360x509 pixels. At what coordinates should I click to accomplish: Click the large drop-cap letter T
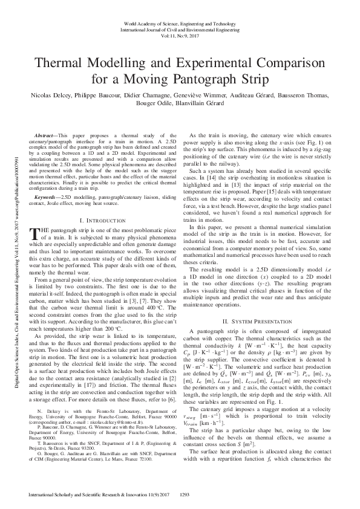[x=33, y=236]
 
